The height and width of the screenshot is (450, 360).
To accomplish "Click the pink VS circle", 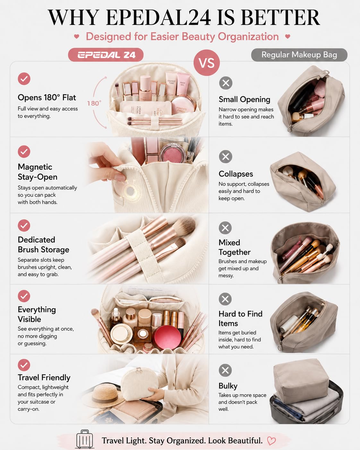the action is (207, 63).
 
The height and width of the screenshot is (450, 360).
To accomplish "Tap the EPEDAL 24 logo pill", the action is (106, 55).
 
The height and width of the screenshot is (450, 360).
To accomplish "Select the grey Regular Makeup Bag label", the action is (299, 55).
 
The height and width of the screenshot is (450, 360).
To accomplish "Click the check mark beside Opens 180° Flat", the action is (24, 79).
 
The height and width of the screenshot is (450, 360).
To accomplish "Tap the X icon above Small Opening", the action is (226, 83).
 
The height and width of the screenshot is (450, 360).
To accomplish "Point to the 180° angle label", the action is (94, 103).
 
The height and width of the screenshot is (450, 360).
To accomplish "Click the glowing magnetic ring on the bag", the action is (130, 191).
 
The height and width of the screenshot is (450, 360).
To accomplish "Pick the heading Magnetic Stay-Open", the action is (38, 172).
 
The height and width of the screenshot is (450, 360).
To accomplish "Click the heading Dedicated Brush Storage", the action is (44, 245).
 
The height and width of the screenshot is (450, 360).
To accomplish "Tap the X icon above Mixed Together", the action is (225, 228).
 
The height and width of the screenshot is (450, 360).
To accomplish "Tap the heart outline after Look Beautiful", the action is (271, 441).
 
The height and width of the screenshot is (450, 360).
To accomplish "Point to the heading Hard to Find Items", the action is (240, 318).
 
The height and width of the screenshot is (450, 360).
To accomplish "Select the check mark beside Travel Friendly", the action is (24, 365).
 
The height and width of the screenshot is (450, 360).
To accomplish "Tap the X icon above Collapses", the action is (226, 156).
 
